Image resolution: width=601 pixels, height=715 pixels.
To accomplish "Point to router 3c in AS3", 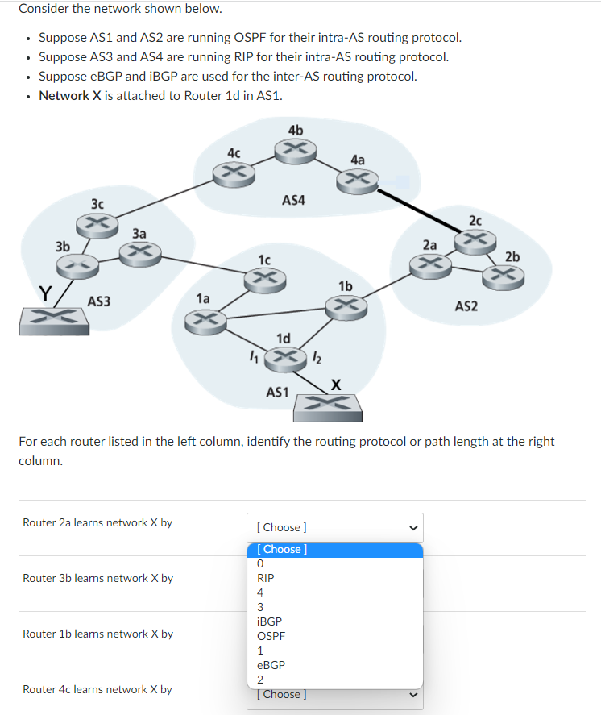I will tap(97, 221).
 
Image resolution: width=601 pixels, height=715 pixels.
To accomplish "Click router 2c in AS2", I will tap(475, 238).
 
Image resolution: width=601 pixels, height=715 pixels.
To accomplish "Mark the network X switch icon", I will tap(328, 406).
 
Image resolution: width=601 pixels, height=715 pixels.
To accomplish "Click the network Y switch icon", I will tap(54, 319).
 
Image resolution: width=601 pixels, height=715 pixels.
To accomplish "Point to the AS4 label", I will tap(293, 199).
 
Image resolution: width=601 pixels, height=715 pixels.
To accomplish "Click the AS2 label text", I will tap(466, 306).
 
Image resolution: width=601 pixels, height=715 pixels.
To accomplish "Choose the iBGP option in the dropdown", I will tap(269, 621).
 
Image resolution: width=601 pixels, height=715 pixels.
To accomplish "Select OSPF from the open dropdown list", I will tap(271, 636).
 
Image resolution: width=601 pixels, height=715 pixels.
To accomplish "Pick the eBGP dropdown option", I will tap(270, 665).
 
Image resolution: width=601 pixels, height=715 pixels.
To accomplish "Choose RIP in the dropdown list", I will tap(265, 578).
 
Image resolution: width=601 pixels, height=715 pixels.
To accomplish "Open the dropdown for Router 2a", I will tap(334, 527).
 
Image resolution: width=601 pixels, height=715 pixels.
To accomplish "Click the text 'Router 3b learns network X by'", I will tap(97, 578).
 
